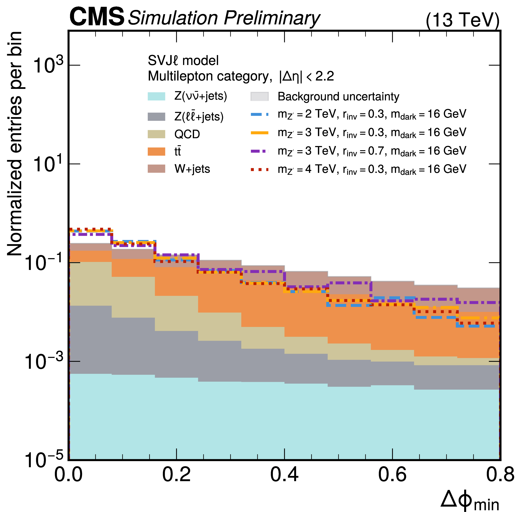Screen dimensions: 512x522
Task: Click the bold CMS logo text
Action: tap(97, 17)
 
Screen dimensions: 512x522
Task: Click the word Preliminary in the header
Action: tap(272, 18)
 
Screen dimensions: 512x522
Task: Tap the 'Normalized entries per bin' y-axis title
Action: tap(15, 144)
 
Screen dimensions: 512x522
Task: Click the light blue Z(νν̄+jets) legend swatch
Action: tap(156, 96)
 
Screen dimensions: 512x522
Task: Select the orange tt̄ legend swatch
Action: tap(156, 151)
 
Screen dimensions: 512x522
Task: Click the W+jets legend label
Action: tap(192, 169)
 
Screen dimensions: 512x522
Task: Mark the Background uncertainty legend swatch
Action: tap(259, 96)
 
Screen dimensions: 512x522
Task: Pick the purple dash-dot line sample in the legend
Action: tap(259, 151)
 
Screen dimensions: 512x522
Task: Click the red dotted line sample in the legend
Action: tap(259, 169)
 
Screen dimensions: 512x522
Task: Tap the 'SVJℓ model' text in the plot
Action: tap(183, 60)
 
